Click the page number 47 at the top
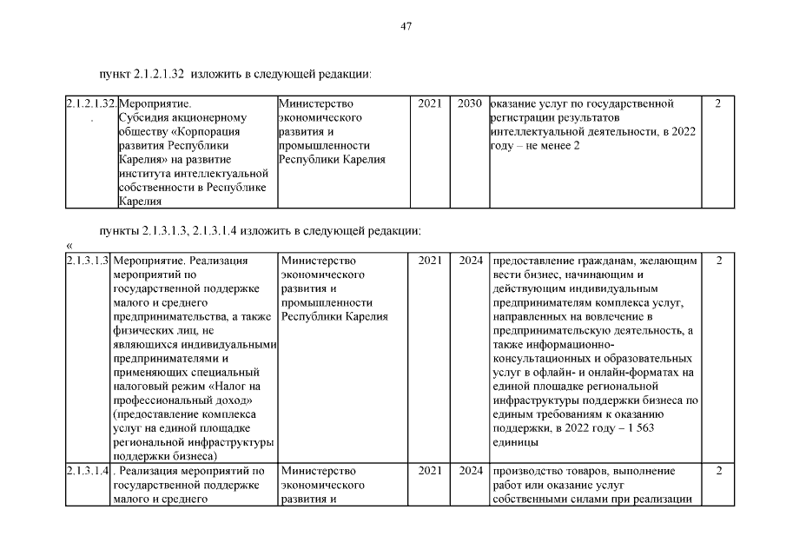[406, 26]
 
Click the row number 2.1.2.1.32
[90, 104]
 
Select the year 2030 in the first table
[470, 104]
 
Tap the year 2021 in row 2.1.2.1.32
[429, 104]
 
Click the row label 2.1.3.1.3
[87, 260]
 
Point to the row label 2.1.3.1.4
[87, 471]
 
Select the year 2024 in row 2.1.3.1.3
[470, 260]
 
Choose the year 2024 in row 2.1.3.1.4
[470, 471]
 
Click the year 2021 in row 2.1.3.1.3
[429, 260]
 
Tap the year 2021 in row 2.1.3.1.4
[429, 471]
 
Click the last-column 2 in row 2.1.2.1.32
[718, 104]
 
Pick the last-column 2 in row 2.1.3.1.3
[718, 260]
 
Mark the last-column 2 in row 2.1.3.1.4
[718, 471]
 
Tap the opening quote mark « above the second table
[69, 246]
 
